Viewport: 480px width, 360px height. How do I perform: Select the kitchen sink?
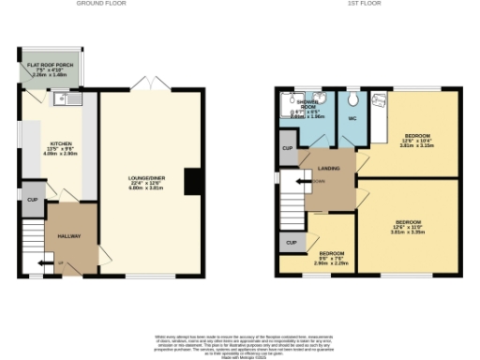tap(69, 97)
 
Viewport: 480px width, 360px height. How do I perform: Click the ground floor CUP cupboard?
tap(32, 200)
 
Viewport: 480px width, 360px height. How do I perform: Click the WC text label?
tap(352, 119)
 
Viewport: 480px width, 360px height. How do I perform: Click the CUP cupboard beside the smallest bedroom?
tap(291, 243)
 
